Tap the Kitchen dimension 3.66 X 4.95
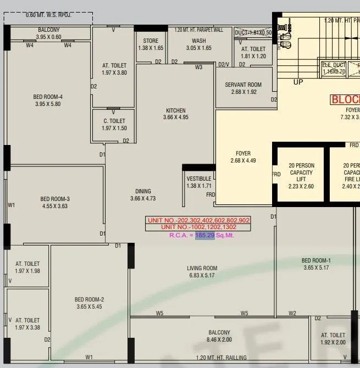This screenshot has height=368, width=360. click(176, 118)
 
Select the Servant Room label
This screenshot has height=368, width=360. click(243, 85)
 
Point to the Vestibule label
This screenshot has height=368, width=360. click(198, 179)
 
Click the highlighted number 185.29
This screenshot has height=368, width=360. click(204, 235)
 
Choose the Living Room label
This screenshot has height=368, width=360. click(202, 269)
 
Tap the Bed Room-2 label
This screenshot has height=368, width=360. click(89, 299)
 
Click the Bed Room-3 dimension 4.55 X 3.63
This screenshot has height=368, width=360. click(55, 206)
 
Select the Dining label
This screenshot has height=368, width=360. click(143, 192)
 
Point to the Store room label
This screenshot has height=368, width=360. click(151, 41)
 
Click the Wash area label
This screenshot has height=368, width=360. click(198, 41)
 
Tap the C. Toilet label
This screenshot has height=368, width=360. click(114, 121)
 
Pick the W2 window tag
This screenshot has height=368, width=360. click(292, 314)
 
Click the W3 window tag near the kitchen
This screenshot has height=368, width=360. click(198, 67)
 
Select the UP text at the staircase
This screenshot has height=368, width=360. click(298, 82)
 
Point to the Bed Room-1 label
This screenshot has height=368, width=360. click(316, 260)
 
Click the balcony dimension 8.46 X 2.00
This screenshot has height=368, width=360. click(219, 340)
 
